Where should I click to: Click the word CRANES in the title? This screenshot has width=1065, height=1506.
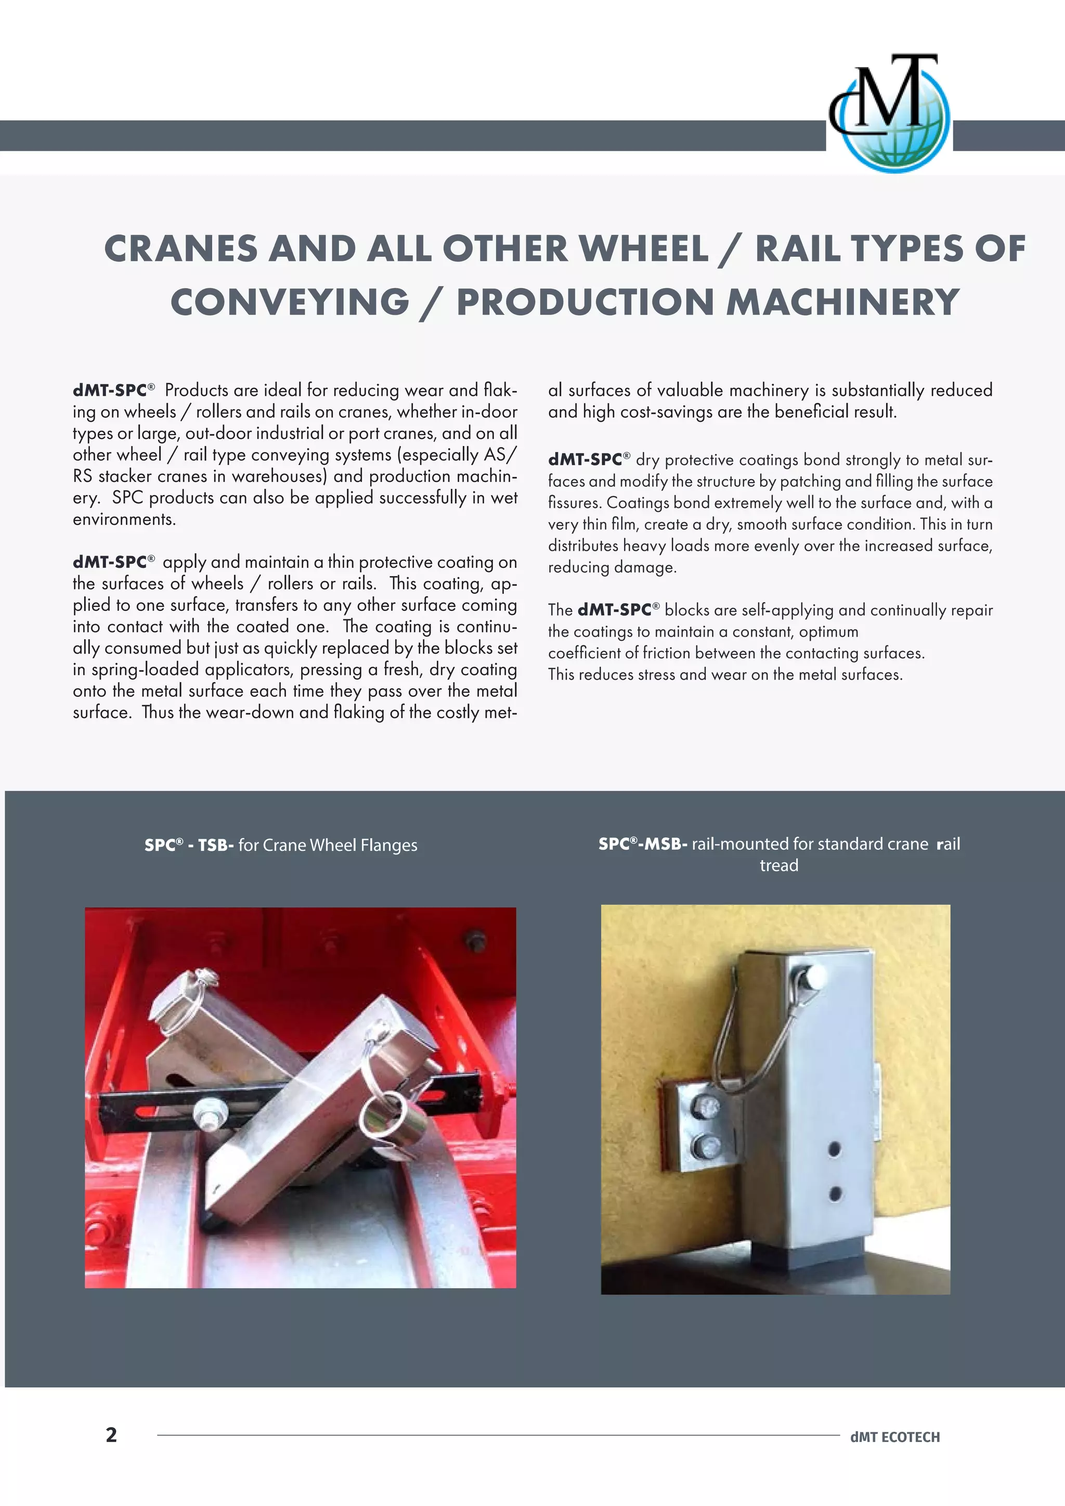(180, 249)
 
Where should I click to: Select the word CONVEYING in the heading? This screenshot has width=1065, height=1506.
(290, 303)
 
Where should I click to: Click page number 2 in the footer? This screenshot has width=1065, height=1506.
(111, 1435)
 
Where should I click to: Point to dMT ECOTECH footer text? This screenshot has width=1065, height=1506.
(894, 1437)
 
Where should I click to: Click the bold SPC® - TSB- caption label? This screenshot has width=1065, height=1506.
(189, 846)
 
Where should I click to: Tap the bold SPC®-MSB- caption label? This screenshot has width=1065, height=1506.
(643, 844)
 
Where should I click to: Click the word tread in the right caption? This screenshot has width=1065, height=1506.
(778, 866)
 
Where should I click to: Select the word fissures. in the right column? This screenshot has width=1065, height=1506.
(575, 503)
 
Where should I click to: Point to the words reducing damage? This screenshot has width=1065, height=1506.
(612, 567)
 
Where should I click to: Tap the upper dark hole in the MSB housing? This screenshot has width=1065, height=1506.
(834, 1149)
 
